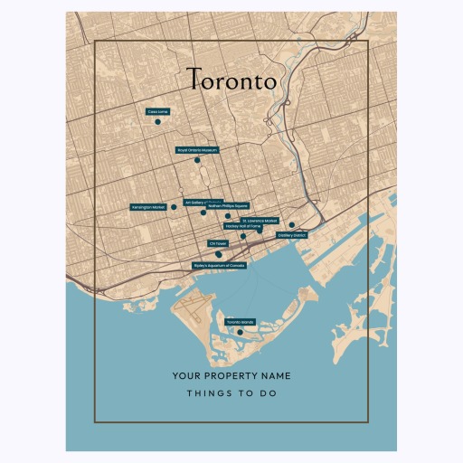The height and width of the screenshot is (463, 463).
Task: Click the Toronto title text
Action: point(231,80)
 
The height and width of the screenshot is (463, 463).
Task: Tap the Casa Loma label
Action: point(157,112)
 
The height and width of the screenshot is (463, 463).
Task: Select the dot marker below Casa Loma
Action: point(157,121)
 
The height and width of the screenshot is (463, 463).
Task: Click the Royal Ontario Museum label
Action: point(196,150)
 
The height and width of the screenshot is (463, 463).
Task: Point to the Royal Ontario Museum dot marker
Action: point(196,160)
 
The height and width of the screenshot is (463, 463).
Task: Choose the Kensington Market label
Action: point(149,207)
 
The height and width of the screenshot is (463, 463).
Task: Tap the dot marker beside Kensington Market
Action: point(174,207)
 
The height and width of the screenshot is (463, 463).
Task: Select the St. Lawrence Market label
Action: point(260,220)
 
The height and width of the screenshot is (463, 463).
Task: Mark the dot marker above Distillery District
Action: point(291,225)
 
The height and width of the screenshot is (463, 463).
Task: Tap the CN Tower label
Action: point(218,243)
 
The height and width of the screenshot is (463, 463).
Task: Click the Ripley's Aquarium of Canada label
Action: point(219,265)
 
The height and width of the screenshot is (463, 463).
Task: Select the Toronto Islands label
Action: point(240,322)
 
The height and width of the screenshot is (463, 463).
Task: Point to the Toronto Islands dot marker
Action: point(240,331)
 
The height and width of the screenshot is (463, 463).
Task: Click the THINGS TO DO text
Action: point(231,393)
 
